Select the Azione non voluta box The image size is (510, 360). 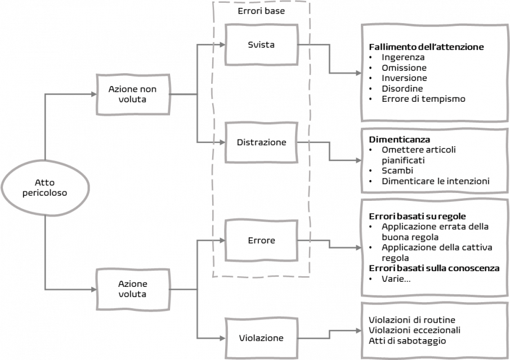133,94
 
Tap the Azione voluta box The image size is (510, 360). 133,289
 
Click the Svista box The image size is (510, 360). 261,45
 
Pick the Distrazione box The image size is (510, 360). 261,142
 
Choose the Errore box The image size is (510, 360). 261,240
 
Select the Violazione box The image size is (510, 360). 261,338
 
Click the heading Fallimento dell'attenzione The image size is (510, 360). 426,47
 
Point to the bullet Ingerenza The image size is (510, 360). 402,57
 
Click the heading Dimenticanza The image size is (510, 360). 399,139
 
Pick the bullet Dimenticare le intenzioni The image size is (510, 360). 435,181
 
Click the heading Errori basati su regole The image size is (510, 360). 417,216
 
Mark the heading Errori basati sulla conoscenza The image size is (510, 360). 434,268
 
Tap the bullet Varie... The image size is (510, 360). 396,279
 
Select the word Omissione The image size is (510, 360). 404,68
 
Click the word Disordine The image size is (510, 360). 402,89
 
